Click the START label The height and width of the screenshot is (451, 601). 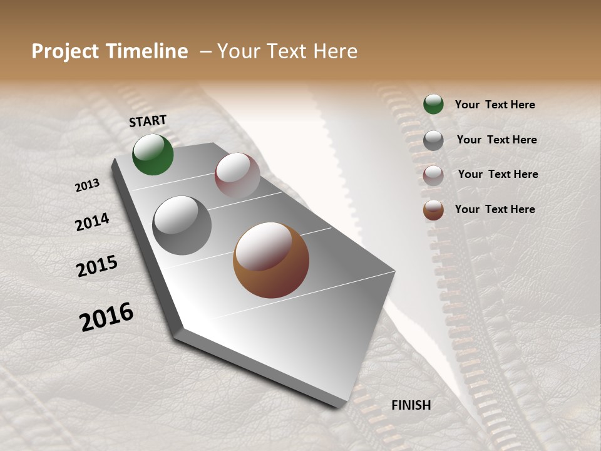pos(148,121)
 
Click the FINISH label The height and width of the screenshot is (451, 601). pos(411,405)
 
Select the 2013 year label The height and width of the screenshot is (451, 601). pos(87,185)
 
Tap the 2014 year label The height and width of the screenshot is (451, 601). pos(92,222)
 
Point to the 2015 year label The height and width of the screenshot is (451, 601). pos(97,266)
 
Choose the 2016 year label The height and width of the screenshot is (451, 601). pos(106,316)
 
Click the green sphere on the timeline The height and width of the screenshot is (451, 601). pos(153,154)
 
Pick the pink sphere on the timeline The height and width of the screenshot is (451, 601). pos(237,176)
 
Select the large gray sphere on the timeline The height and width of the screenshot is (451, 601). pos(182,225)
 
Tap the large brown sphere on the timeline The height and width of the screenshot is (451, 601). pos(271,260)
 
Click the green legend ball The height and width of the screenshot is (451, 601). pos(433,104)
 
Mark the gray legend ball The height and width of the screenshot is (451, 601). pos(433,140)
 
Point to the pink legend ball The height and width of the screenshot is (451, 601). pos(433,175)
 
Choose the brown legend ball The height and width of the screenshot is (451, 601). pos(433,210)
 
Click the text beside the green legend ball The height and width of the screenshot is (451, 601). pos(495,105)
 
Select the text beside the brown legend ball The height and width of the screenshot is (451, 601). pos(495,209)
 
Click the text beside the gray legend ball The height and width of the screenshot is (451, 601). pos(496,140)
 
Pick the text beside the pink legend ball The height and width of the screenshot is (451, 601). pos(498,174)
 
